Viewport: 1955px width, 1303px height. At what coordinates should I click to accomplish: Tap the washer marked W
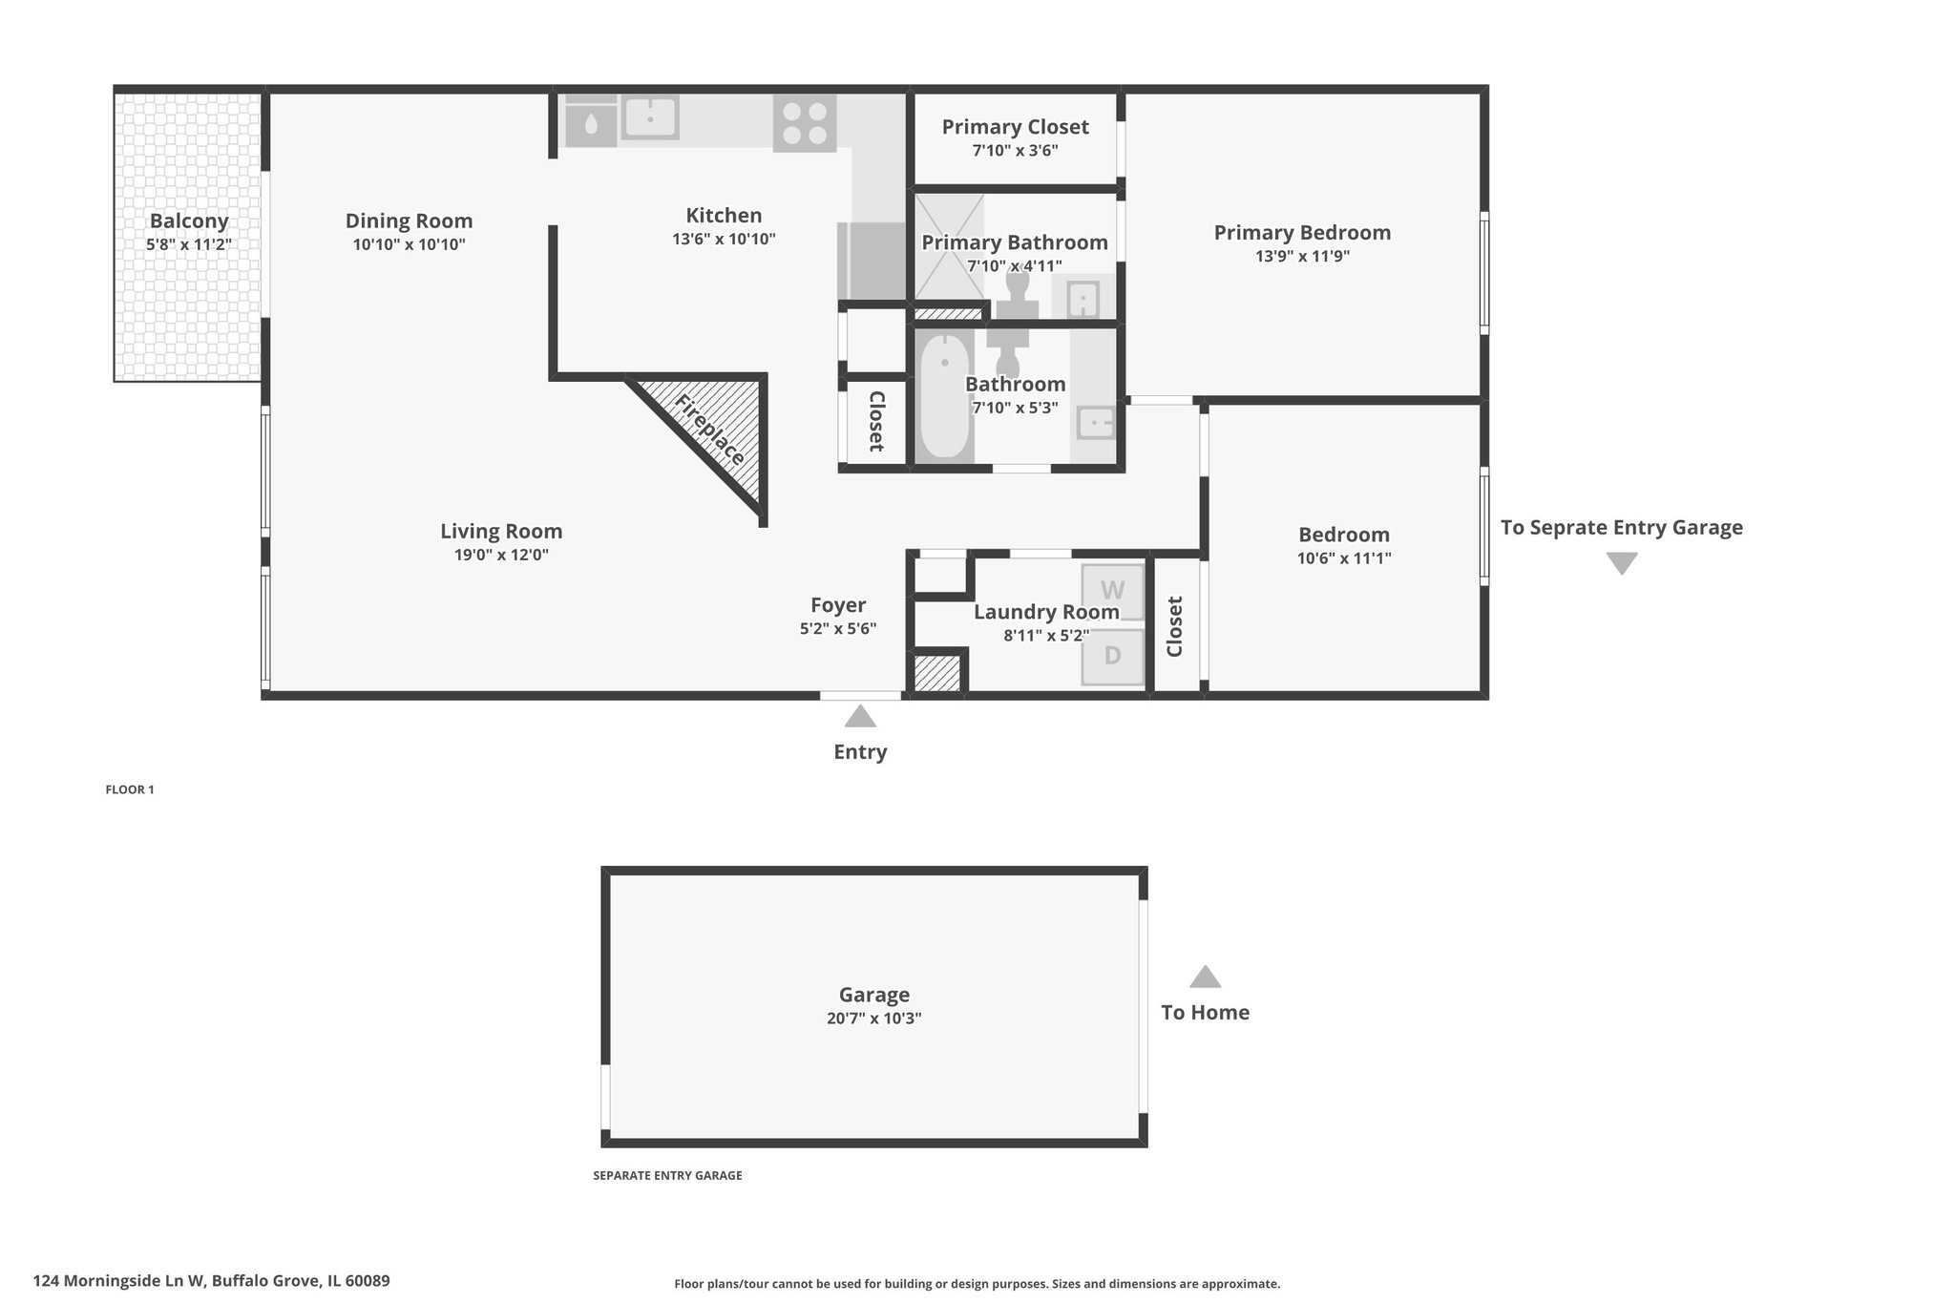coord(1112,592)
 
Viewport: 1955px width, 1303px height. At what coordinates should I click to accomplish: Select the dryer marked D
coord(1112,657)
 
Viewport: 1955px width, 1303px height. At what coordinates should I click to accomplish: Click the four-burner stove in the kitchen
coord(805,124)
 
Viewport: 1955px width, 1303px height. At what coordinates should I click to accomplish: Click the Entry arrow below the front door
coord(860,716)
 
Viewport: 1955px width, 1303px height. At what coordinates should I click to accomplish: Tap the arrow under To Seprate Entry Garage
coord(1622,563)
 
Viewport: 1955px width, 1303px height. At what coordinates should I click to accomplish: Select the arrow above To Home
coord(1205,977)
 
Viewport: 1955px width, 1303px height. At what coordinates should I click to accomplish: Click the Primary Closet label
coord(1015,127)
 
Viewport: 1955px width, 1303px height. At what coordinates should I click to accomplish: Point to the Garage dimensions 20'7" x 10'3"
coord(873,1019)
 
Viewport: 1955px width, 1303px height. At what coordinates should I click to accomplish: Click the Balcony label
coord(189,221)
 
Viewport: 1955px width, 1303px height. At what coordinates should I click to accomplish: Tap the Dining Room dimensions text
coord(409,244)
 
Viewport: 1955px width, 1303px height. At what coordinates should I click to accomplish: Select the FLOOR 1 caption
coord(130,789)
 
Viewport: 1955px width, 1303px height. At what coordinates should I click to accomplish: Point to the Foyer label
coord(838,605)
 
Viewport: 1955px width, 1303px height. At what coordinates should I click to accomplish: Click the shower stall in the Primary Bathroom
coord(949,247)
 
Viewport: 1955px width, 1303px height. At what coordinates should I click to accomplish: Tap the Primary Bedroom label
coord(1302,233)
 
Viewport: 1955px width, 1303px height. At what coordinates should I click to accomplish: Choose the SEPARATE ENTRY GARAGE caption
coord(667,1176)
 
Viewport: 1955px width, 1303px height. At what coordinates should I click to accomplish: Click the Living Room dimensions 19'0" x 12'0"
coord(501,555)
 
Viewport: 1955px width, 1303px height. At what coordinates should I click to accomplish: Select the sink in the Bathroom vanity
coord(1095,421)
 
